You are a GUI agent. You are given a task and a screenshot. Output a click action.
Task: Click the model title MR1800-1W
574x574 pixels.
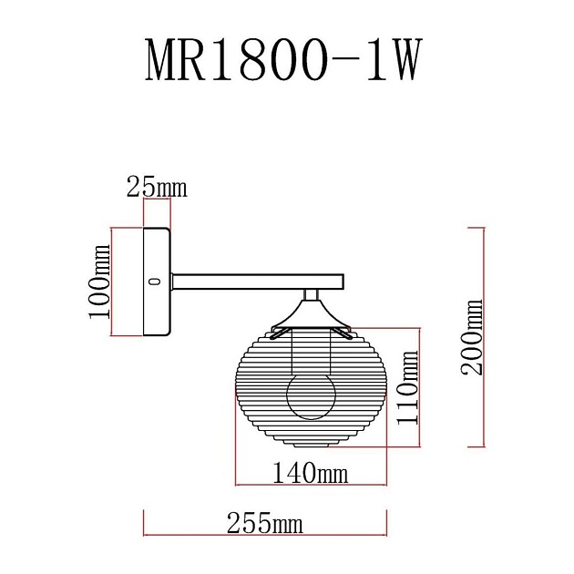284,63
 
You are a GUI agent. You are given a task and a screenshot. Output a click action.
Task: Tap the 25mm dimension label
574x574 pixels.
156,188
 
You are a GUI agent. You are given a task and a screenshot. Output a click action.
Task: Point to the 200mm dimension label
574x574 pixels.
472,337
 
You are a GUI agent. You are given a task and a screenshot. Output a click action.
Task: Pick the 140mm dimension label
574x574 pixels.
311,473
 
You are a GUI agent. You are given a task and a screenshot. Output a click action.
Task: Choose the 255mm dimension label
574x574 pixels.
264,524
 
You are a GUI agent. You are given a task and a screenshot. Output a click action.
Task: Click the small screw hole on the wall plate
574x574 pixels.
154,282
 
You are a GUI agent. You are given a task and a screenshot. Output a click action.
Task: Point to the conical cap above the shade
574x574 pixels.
312,315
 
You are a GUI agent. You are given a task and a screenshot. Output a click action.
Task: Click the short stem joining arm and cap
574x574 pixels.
312,294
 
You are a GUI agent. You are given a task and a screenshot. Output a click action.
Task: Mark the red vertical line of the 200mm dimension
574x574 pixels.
483,337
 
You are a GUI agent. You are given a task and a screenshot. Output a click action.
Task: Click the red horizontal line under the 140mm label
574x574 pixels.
311,485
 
